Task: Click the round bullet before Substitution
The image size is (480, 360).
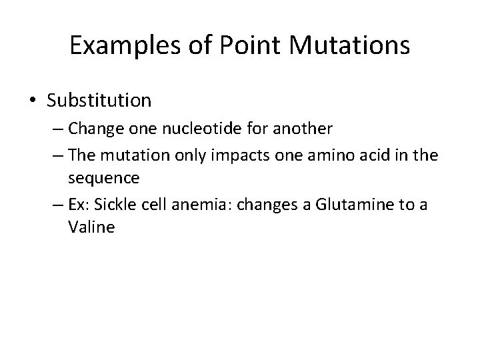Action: click(x=33, y=101)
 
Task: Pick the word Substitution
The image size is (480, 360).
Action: click(x=99, y=101)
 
